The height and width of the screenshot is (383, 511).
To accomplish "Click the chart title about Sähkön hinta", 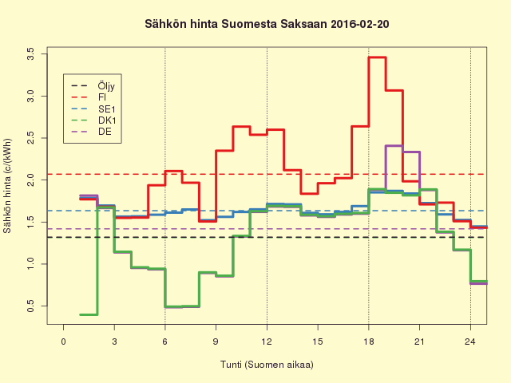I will (x=267, y=25).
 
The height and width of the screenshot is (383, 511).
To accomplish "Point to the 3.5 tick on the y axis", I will (x=30, y=54).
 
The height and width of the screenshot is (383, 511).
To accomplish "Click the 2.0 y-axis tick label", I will (x=30, y=180).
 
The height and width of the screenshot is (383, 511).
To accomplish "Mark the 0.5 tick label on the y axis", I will (x=30, y=306).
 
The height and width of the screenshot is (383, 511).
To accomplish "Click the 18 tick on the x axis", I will (x=368, y=342).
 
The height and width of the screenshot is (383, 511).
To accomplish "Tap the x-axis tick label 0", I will (x=64, y=342).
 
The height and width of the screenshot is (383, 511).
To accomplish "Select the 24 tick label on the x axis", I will (x=470, y=342).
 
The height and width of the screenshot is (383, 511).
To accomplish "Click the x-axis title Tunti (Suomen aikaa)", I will (x=267, y=365).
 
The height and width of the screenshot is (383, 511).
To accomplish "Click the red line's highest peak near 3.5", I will (x=377, y=57).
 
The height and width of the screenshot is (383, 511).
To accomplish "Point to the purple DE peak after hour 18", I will (x=394, y=145).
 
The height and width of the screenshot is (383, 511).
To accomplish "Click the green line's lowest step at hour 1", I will (x=89, y=314).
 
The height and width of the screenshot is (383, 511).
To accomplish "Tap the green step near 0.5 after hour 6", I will (x=173, y=306).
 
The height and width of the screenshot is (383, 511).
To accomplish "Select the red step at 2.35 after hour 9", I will (x=224, y=150).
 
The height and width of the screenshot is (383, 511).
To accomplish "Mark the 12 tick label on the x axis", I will (x=267, y=342).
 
